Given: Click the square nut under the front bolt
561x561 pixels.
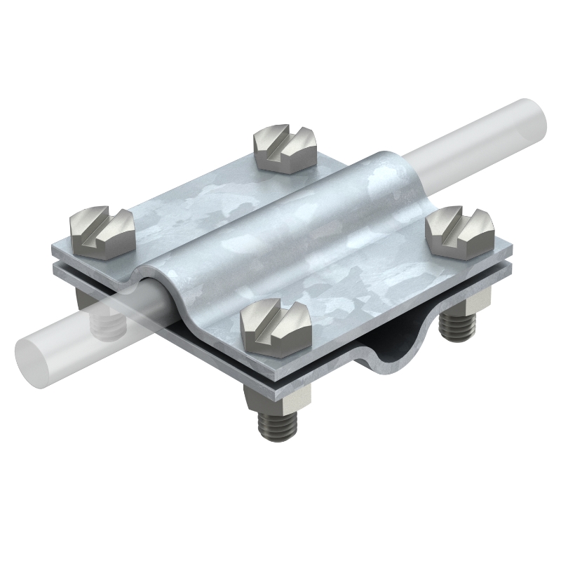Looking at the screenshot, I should coord(278,402).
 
